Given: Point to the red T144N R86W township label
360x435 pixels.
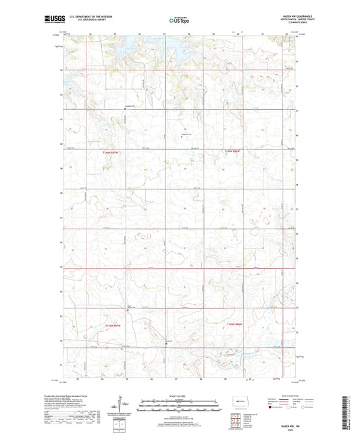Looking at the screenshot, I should tap(234, 326).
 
